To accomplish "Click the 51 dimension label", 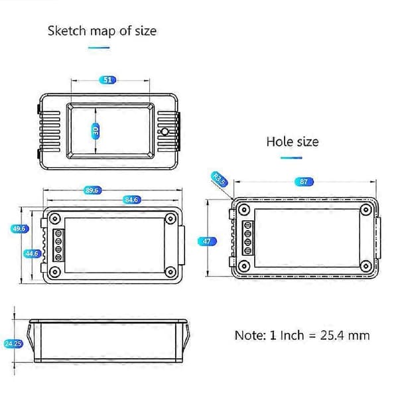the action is (107, 80).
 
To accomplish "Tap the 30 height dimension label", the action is (95, 131).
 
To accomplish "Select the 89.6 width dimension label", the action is (92, 190).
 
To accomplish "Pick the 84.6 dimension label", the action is (131, 200).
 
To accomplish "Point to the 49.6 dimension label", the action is (19, 229).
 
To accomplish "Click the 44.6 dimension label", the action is (32, 253).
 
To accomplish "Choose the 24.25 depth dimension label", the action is (14, 344).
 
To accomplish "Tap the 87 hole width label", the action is (304, 182).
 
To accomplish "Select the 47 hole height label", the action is (207, 241).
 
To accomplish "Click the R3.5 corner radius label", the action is (219, 179).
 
